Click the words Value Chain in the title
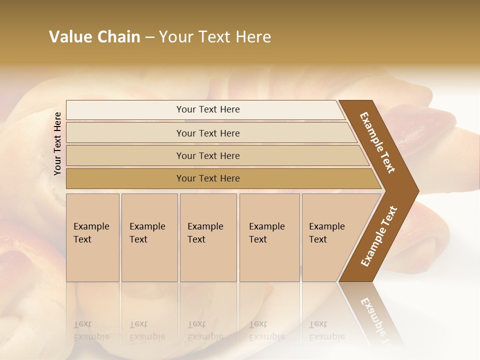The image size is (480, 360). click(94, 37)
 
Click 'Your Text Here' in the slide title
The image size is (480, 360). click(215, 37)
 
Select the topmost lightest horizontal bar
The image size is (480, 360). click(125, 110)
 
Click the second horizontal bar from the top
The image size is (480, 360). click(125, 133)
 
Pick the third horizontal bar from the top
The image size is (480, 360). click(125, 155)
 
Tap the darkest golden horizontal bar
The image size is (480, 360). click(125, 178)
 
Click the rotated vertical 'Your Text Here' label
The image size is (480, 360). click(57, 143)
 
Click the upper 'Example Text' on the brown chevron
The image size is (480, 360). click(377, 142)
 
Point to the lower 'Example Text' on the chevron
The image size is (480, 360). click(379, 236)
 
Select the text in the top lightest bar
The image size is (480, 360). click(208, 109)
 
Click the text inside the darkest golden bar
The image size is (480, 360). click(208, 178)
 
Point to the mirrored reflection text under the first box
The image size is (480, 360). click(91, 330)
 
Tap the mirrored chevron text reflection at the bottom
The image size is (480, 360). click(375, 320)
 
